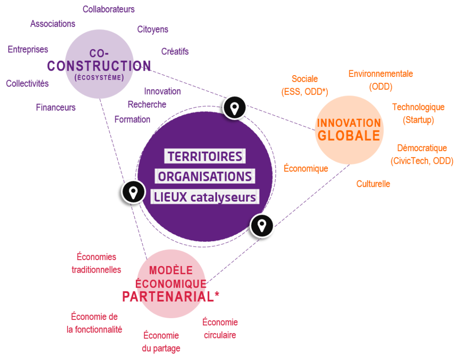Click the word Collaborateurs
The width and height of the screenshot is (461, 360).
point(108,9)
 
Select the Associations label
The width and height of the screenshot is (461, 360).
point(53,24)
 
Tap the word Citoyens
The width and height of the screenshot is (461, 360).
point(153,30)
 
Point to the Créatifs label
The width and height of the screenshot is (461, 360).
point(175,51)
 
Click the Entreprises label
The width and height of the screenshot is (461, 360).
point(28,49)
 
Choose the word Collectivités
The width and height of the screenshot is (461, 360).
point(27,84)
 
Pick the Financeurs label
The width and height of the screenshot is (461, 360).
point(56,108)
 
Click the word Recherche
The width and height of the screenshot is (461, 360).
point(147,104)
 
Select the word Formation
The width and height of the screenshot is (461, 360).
point(132,119)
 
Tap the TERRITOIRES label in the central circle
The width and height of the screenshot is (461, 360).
point(205,157)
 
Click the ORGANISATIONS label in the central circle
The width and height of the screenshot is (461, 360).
point(205,176)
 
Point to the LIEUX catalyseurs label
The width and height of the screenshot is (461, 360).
point(205,197)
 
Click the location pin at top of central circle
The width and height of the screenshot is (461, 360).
point(235,108)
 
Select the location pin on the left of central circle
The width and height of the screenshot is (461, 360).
point(133,192)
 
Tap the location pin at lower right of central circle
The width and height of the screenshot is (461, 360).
point(262,225)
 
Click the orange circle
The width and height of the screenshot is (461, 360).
point(349,130)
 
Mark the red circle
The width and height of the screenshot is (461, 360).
point(171,284)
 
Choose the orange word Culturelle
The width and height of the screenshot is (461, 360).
point(373,184)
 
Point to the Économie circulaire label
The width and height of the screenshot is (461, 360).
point(220,328)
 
